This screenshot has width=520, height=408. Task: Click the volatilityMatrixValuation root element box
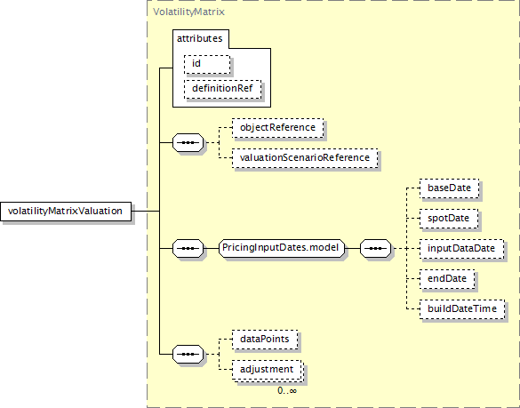coord(66,212)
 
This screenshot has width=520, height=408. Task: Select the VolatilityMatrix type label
coord(188,12)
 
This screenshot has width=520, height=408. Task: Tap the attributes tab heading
coord(200,38)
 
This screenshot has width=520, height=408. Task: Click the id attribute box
coord(207,64)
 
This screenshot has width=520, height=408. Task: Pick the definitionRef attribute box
coord(222,89)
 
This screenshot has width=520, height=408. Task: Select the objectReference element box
coord(277,128)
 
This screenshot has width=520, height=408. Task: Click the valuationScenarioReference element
coord(305,158)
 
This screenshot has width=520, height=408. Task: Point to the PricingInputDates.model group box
coord(281,248)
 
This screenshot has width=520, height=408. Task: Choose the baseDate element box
coord(450,188)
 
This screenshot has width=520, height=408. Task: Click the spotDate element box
coord(449,219)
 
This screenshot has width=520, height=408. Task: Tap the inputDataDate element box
coord(461,249)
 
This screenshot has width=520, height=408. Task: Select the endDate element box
coord(447,279)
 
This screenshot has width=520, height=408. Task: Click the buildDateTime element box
coord(462,309)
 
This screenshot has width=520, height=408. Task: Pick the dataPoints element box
coord(265,340)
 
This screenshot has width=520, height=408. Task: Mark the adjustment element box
coord(267,370)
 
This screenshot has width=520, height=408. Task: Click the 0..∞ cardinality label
coord(287,391)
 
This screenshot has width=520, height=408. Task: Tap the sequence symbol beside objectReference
coord(188,142)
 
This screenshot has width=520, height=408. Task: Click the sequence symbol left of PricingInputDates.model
coord(188,248)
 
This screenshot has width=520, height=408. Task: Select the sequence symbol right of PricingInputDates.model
coord(375,248)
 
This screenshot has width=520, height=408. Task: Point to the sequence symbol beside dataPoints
coord(188,355)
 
